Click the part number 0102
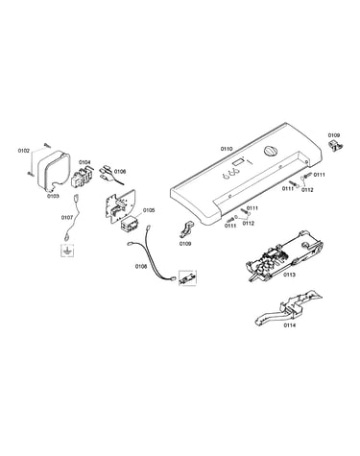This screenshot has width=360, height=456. (x=24, y=151)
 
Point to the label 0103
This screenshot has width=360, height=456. (x=53, y=196)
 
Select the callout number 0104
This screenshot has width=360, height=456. (x=84, y=162)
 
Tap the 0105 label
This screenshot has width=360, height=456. (x=149, y=210)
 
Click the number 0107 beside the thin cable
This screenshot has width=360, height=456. (x=67, y=218)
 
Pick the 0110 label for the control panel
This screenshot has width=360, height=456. (x=227, y=149)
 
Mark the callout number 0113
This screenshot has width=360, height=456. (x=289, y=275)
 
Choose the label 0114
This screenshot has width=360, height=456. (x=289, y=325)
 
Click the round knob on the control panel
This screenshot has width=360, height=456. (x=271, y=151)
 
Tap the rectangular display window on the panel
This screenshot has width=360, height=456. (x=238, y=162)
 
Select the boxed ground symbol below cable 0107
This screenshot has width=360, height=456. (x=67, y=251)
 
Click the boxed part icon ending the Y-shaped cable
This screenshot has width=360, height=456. (x=187, y=278)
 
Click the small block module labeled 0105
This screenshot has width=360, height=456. (x=129, y=224)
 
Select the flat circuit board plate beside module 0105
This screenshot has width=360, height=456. (x=120, y=205)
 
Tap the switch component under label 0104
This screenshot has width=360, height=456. (x=81, y=178)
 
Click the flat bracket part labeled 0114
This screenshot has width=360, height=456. (x=288, y=308)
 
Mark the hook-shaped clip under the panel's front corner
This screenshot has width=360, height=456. (x=185, y=229)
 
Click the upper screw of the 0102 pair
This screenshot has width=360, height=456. (x=48, y=145)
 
